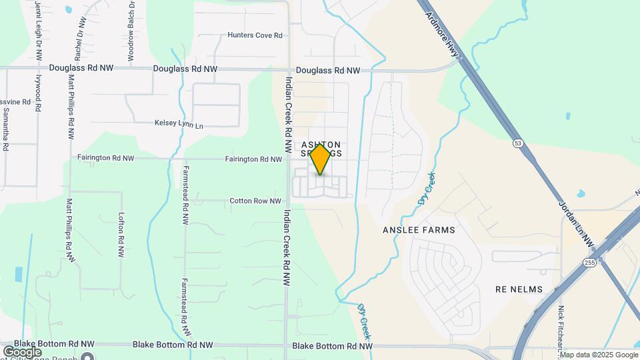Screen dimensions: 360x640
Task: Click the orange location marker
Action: coord(321,159)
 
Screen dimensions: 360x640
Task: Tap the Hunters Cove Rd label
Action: coord(255,35)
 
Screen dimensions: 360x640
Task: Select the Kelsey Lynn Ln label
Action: coord(178,123)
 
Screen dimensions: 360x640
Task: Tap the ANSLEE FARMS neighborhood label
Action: coord(419,230)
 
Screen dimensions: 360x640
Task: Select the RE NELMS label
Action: coord(519,289)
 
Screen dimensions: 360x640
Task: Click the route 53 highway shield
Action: coord(517,143)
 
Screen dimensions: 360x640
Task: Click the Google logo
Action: coord(22,351)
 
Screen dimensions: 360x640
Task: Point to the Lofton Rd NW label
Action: coord(121,235)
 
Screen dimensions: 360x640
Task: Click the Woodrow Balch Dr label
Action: coord(131,30)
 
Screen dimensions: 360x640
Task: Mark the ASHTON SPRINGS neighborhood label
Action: coord(321,149)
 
